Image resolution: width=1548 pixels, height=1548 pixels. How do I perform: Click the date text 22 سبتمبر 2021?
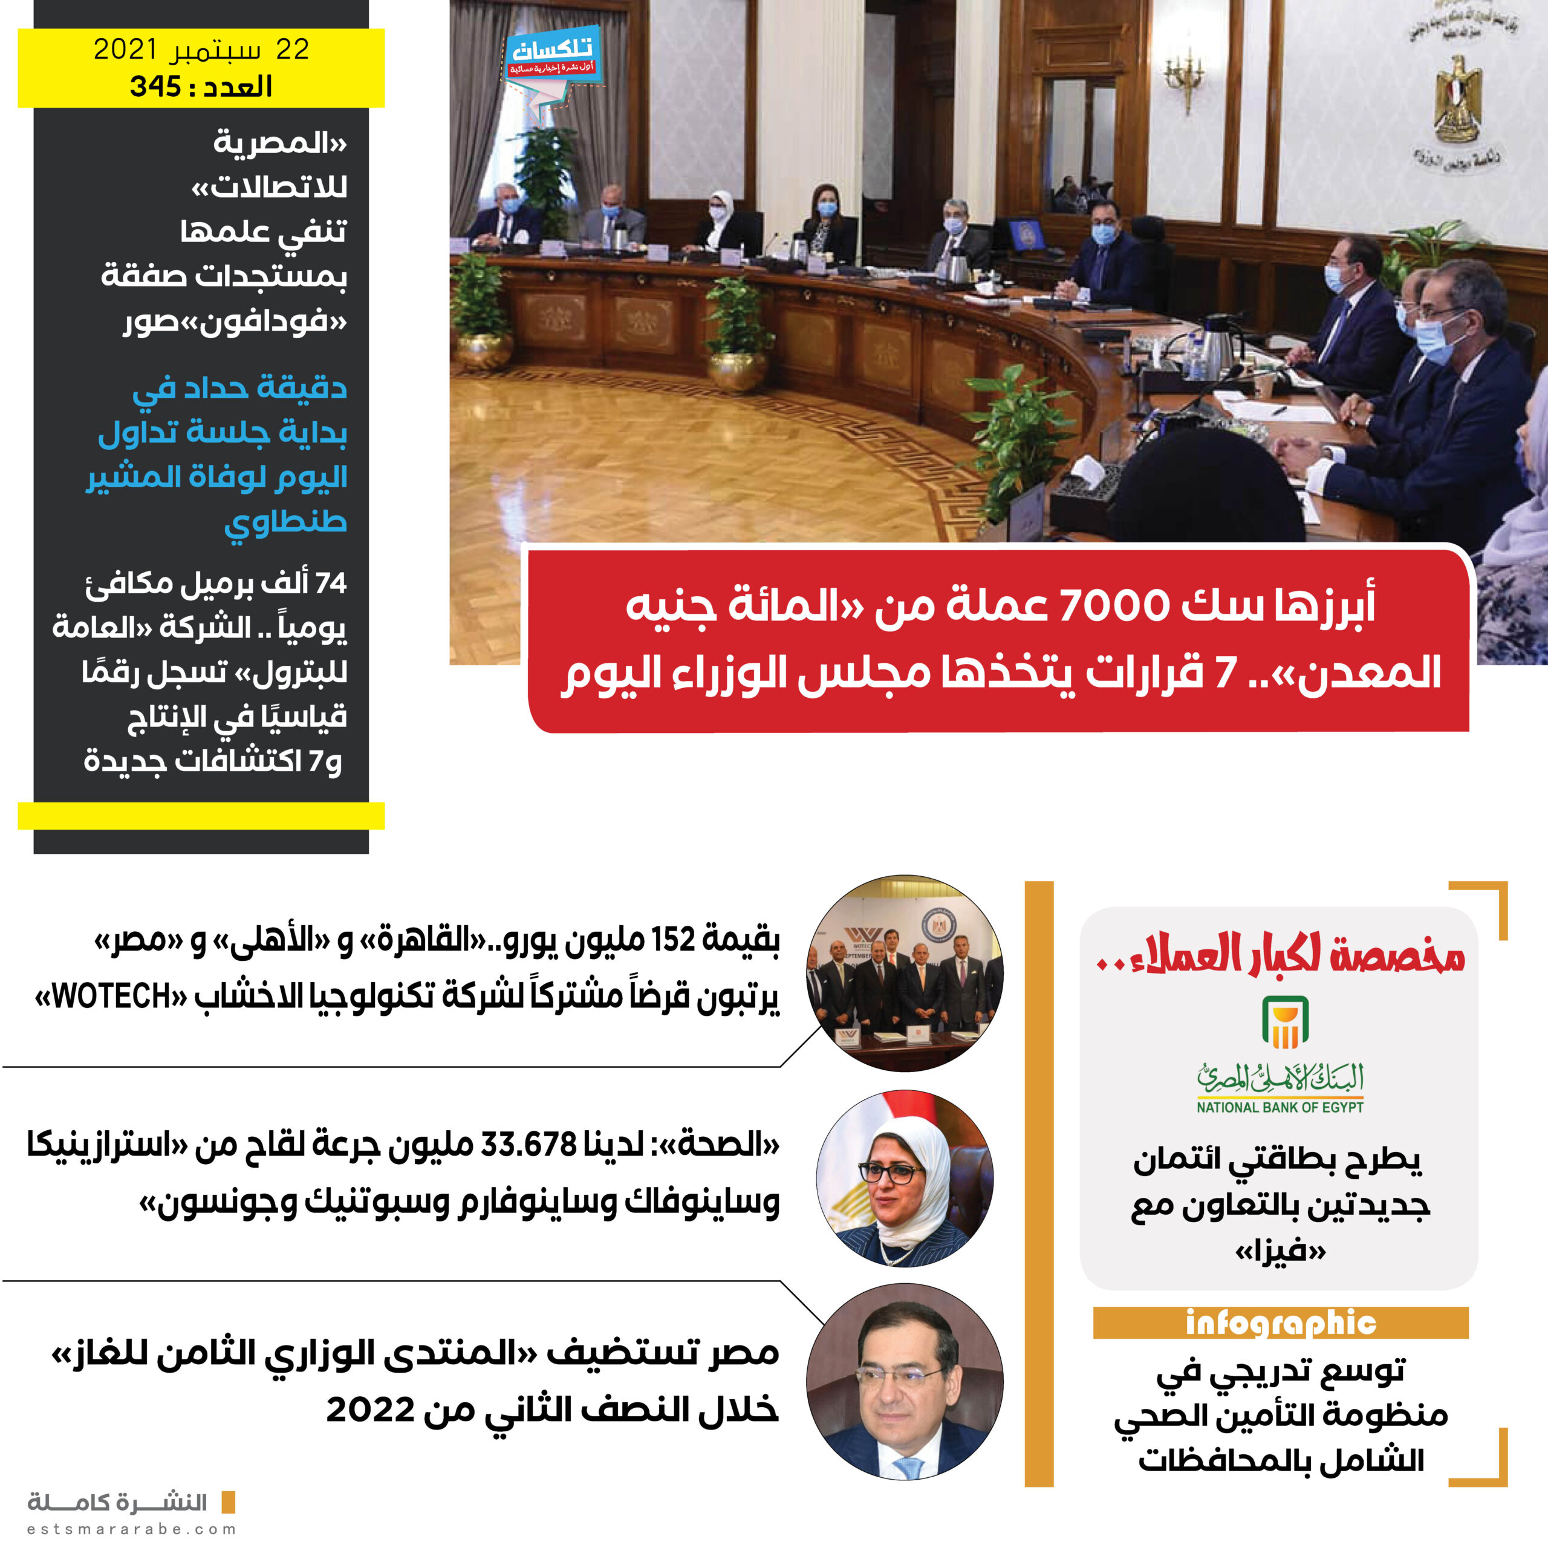click(201, 50)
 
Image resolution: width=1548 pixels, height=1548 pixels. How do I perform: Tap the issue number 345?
click(155, 86)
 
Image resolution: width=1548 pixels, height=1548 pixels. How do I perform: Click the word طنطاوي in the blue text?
click(285, 522)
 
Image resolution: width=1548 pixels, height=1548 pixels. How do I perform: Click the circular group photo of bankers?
click(905, 973)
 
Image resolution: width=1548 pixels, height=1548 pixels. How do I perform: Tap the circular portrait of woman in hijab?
click(905, 1179)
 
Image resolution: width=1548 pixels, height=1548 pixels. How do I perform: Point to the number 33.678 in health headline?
click(529, 1144)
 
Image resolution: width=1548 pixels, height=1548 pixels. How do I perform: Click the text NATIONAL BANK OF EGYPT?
click(1280, 1107)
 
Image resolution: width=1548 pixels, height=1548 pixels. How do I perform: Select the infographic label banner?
click(1280, 1323)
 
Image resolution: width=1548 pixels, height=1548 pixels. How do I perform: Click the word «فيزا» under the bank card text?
click(1280, 1250)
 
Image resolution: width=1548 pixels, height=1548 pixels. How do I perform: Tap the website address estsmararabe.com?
click(132, 1529)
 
